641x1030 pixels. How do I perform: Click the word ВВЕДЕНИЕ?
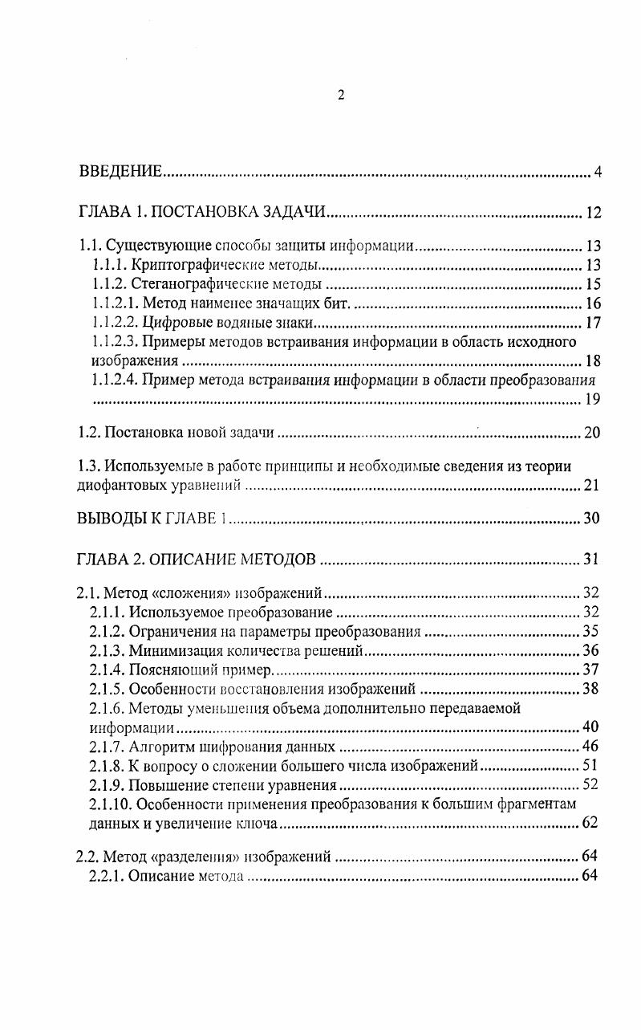pyautogui.click(x=120, y=172)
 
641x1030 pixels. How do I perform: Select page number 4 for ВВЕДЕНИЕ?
pyautogui.click(x=597, y=172)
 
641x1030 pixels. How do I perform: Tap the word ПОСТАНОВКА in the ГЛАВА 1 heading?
pyautogui.click(x=201, y=213)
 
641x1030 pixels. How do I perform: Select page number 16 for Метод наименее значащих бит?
pyautogui.click(x=592, y=303)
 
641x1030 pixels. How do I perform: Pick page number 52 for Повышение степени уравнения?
pyautogui.click(x=590, y=784)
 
